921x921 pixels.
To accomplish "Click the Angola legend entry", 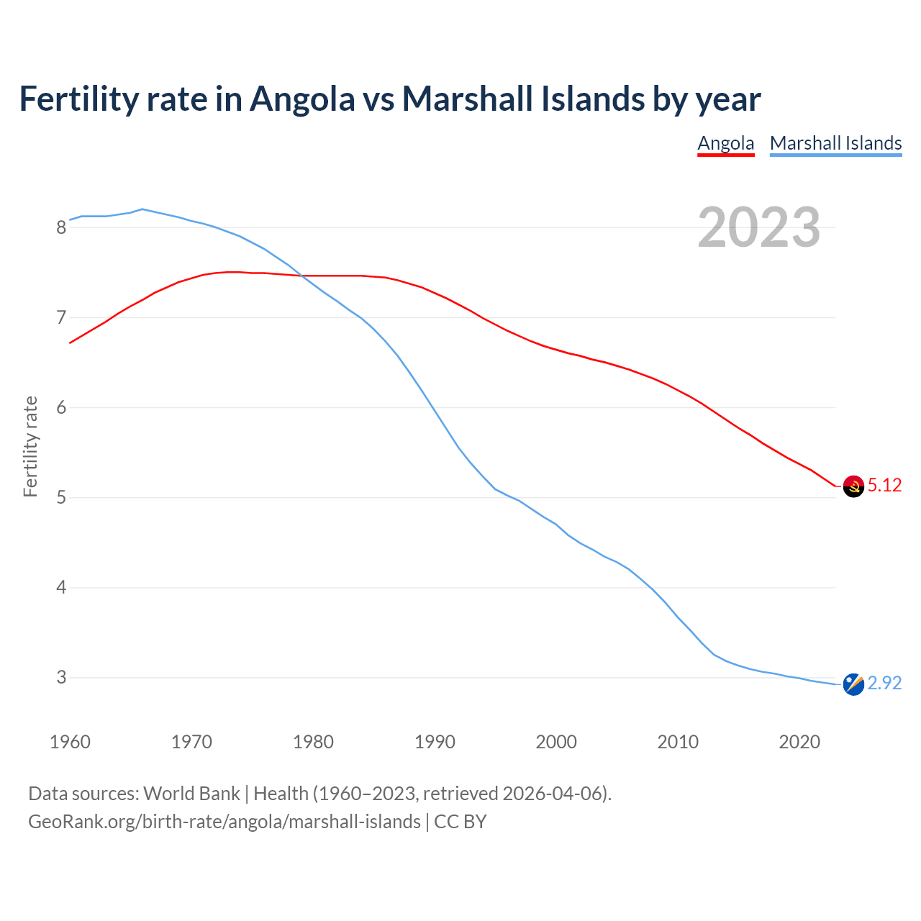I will tap(725, 143).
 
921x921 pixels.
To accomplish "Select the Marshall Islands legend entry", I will tap(835, 143).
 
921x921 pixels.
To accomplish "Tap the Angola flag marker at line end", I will tap(853, 486).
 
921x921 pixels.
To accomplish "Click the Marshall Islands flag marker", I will tap(853, 684).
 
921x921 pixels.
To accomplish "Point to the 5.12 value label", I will tap(884, 486).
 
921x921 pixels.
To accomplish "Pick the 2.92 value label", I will tap(884, 684).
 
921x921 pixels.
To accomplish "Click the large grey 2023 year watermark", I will tap(758, 227).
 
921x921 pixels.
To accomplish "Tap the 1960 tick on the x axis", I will tap(70, 742).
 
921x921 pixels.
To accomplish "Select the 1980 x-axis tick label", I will tap(313, 742).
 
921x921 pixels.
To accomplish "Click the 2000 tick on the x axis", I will tap(556, 742).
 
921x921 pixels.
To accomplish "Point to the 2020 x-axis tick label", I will tap(799, 742).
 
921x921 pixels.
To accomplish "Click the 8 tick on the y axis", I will tap(61, 228).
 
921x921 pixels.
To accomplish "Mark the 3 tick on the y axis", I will tap(61, 678).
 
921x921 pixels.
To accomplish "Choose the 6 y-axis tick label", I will tap(61, 408).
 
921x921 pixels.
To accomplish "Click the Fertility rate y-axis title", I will tap(30, 446).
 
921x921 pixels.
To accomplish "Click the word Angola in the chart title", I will tap(302, 99).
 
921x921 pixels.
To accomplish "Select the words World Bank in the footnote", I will tap(191, 794).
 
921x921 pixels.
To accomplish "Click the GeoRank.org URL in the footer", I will tap(224, 822).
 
